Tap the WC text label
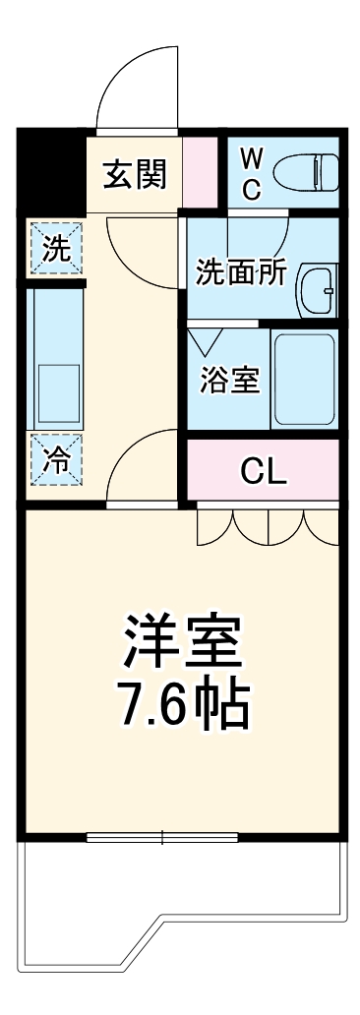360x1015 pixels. (252, 173)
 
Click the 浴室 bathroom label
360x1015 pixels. (230, 380)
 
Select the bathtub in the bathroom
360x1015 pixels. (303, 380)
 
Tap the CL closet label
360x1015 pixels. (264, 473)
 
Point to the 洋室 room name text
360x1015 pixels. (181, 643)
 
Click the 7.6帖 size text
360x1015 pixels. (181, 701)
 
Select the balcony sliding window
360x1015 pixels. (161, 837)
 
